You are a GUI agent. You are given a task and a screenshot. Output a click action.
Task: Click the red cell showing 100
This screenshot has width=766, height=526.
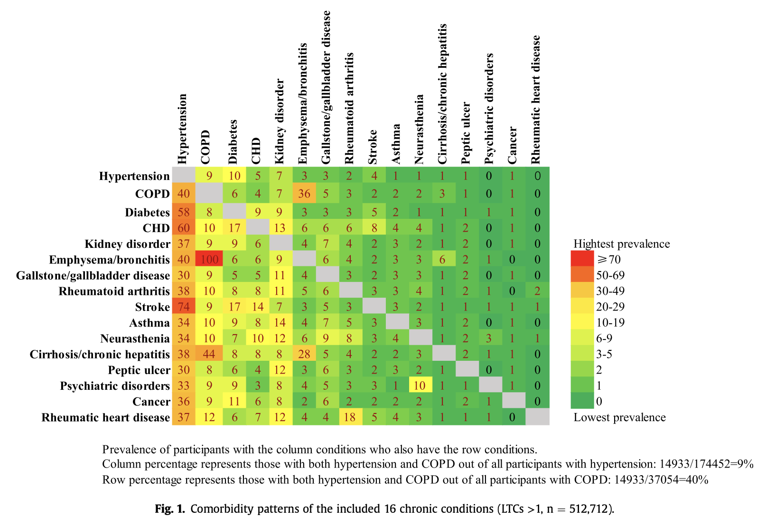209,259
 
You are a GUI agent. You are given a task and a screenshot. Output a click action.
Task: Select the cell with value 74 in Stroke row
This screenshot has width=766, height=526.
184,307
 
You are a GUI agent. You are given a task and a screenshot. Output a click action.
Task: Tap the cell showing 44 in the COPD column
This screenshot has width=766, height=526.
209,354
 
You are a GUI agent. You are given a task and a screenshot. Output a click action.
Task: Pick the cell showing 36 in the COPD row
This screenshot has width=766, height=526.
304,194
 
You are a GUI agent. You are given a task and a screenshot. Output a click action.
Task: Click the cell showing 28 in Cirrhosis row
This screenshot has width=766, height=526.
304,354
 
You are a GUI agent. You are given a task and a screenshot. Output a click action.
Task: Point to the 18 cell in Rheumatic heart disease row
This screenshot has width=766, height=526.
350,417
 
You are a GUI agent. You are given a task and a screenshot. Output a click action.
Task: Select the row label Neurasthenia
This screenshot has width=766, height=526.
135,338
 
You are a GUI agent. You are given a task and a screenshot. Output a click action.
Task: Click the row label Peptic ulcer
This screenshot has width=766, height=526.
139,370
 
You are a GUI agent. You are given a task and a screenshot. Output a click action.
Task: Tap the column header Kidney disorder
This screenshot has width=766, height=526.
280,122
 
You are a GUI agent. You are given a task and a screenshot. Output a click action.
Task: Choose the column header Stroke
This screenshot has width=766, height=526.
373,147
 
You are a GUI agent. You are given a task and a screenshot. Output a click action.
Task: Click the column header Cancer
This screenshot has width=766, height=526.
513,145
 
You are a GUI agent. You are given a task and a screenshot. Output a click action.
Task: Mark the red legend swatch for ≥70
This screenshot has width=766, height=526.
582,259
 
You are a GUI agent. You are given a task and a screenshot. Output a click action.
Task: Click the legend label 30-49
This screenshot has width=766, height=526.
610,291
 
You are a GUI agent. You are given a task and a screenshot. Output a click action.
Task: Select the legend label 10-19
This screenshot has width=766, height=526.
610,323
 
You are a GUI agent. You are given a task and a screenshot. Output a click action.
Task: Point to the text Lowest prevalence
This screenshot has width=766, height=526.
619,417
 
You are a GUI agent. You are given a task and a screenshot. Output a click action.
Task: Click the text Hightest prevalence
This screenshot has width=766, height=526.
622,244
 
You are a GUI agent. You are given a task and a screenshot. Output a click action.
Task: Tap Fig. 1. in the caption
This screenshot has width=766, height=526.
170,509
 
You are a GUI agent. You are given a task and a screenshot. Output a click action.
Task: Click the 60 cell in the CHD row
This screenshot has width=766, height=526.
184,228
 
